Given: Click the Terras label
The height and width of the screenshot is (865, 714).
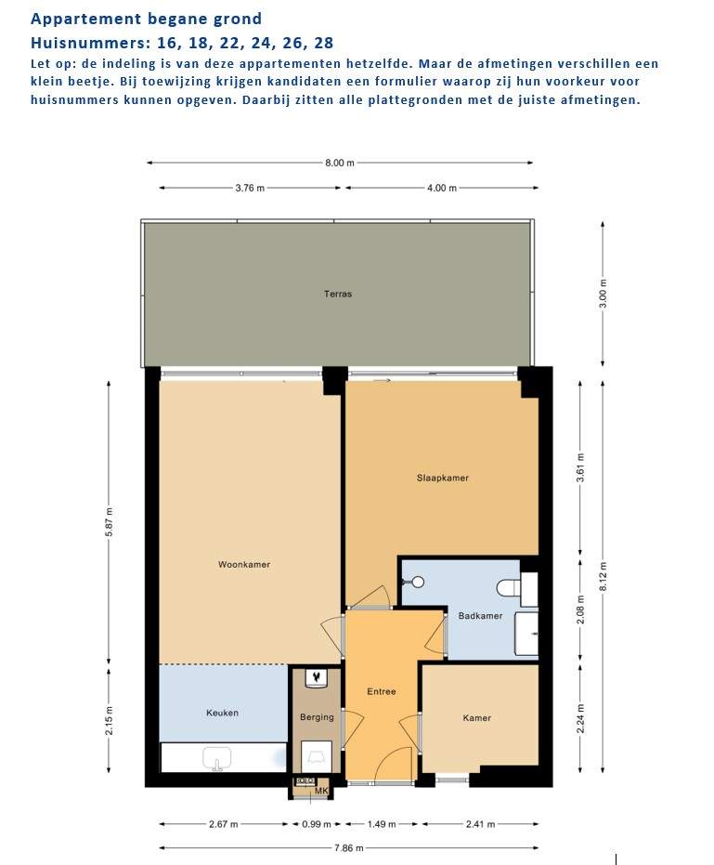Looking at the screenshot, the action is [337, 294].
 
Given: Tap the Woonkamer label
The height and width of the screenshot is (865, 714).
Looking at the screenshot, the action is [244, 564].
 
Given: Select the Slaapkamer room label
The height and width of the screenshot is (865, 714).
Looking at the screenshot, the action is [442, 478].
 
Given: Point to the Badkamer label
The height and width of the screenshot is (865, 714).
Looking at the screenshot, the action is [480, 616].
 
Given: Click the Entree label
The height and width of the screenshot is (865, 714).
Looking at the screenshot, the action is [382, 691].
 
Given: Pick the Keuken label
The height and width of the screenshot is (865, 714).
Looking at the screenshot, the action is [222, 713].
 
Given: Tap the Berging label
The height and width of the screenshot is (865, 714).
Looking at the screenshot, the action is [317, 717].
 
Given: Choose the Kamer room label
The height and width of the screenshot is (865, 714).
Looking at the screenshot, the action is [477, 717].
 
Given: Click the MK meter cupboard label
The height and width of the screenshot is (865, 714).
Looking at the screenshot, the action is [321, 791].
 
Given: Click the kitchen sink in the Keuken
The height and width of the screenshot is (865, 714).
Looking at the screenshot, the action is [216, 758].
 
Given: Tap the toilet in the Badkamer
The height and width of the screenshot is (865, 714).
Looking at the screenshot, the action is [509, 587].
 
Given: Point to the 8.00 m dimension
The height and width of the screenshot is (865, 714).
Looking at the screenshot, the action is [340, 163].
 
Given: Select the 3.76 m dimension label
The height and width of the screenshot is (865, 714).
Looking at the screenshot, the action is [250, 188].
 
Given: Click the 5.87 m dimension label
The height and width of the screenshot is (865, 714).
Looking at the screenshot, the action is [110, 522].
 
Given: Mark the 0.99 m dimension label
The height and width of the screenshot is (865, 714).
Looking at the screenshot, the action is [317, 824].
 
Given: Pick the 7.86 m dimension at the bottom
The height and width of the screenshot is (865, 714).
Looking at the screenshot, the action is [349, 848].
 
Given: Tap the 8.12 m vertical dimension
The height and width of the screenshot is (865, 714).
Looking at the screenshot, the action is [603, 576].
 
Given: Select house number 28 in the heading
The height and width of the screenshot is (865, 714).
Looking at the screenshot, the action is [324, 43].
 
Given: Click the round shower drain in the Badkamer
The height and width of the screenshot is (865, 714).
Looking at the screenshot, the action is [419, 582].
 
